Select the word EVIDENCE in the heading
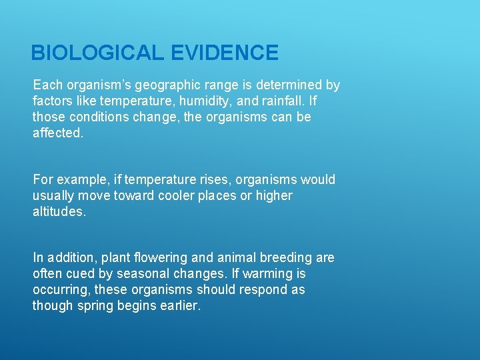pos(225,53)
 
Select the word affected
pos(58,133)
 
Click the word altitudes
pos(59,212)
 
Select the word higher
pos(273,196)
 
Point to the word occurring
pos(61,289)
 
